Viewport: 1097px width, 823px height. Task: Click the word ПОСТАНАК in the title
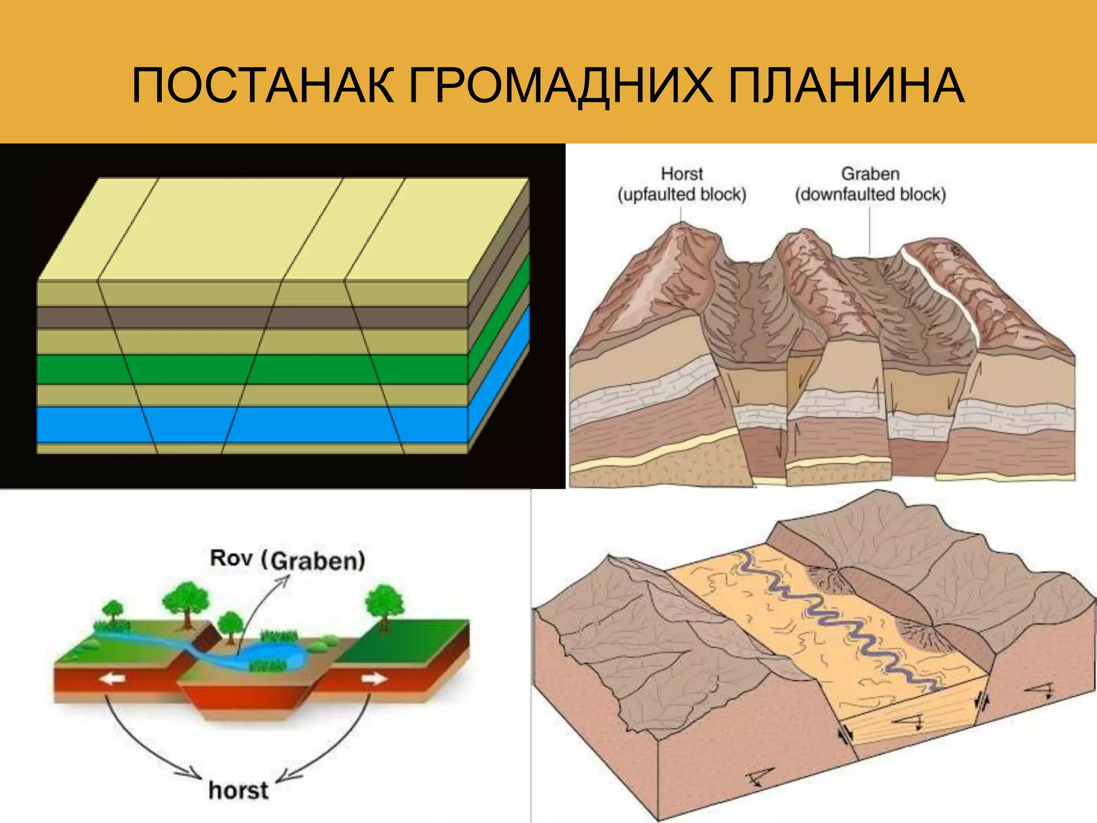click(x=263, y=86)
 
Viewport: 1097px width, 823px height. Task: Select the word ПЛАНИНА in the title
click(x=846, y=86)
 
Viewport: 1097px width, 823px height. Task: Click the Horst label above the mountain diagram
click(x=681, y=174)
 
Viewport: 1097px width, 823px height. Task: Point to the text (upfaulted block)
click(x=681, y=194)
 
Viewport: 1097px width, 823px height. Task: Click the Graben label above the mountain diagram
click(x=870, y=174)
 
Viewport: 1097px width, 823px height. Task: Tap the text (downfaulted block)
click(x=870, y=194)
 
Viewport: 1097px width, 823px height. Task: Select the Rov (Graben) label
click(x=287, y=559)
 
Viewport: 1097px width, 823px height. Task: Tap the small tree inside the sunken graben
click(x=230, y=624)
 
